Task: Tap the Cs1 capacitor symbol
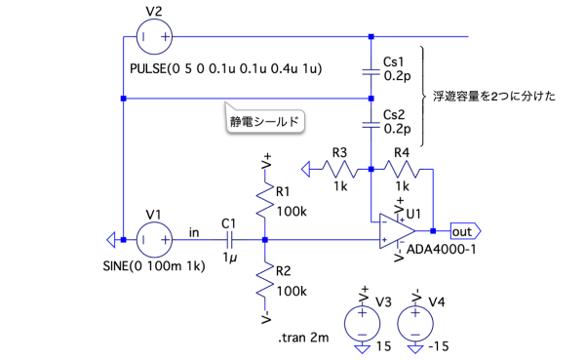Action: click(370, 71)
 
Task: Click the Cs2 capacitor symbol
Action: click(370, 125)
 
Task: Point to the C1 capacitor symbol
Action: click(229, 240)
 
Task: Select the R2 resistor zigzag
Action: click(265, 280)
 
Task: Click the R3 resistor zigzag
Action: click(339, 169)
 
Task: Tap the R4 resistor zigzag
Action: click(402, 169)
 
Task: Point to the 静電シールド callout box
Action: click(265, 120)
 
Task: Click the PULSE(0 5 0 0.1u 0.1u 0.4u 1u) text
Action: click(226, 68)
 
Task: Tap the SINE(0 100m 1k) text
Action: click(154, 266)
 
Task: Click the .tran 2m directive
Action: click(303, 338)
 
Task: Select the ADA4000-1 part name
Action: click(441, 249)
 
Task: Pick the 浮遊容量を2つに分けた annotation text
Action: click(494, 97)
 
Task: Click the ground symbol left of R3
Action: click(306, 169)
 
